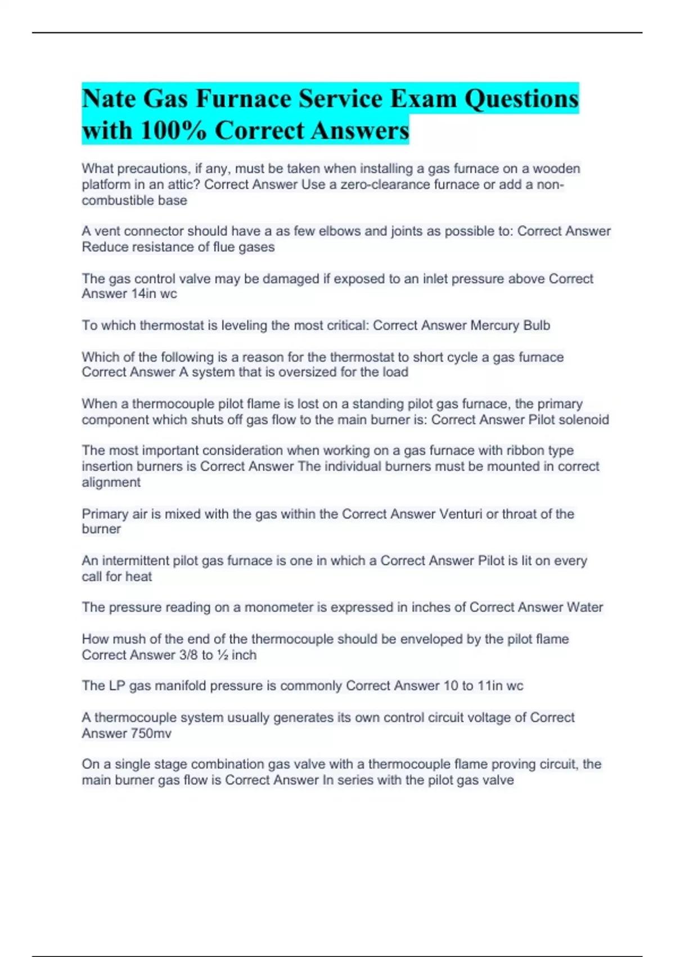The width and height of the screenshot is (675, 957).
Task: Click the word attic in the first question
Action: tap(182, 185)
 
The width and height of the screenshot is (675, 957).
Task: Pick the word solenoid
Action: tap(585, 420)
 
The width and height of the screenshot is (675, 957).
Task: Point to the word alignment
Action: tap(111, 482)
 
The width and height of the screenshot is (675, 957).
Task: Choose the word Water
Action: tap(584, 607)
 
